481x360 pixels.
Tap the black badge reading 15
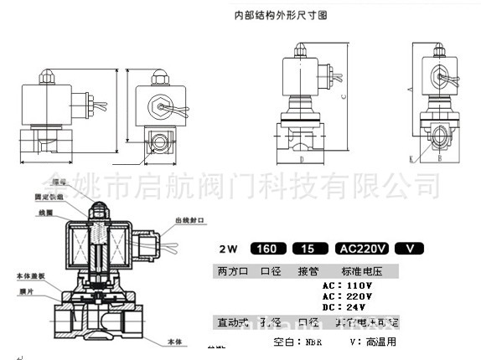[308, 249]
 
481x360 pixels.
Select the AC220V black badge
[361, 249]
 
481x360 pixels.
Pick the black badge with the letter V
[410, 249]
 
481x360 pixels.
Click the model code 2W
[227, 249]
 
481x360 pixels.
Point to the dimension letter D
[299, 157]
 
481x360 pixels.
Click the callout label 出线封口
[189, 221]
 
